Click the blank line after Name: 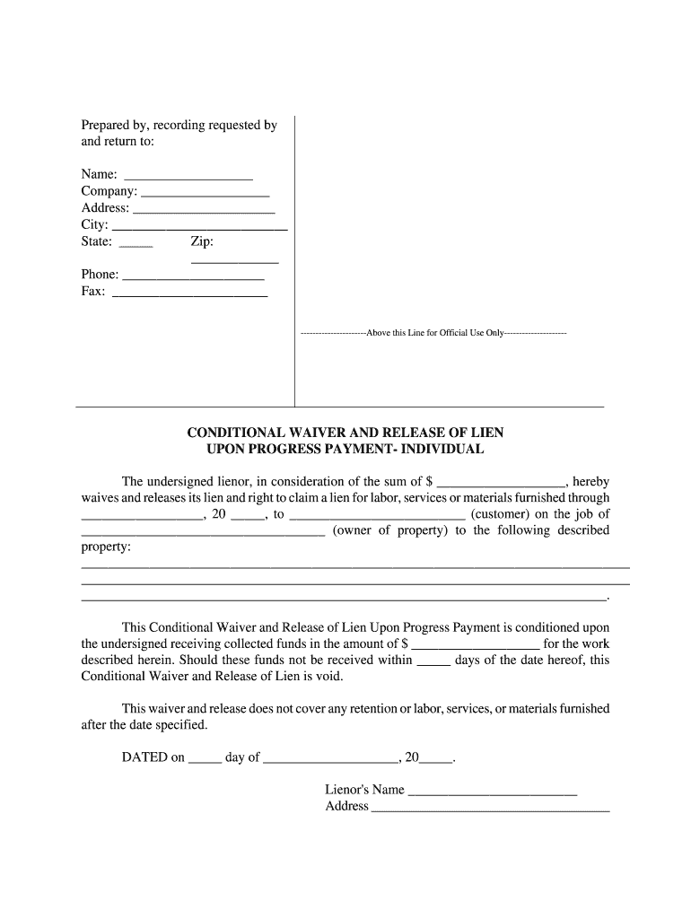188,175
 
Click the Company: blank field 206,192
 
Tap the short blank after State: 136,242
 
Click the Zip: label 202,241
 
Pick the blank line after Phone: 193,276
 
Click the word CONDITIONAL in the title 236,433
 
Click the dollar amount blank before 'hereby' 500,482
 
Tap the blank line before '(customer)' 378,515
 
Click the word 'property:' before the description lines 106,547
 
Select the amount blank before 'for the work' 475,644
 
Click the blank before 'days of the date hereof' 433,661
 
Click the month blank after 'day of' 330,758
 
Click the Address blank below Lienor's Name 490,807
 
